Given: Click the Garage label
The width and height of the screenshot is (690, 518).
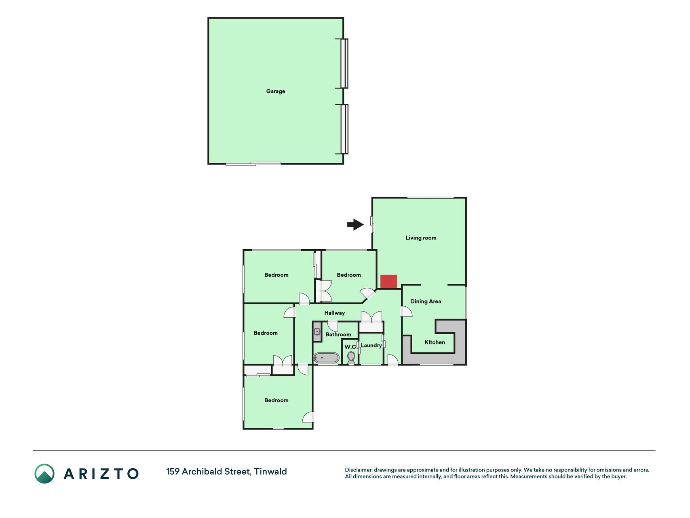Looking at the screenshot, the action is click(276, 91).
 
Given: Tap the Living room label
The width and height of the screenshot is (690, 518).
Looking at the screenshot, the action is click(421, 238).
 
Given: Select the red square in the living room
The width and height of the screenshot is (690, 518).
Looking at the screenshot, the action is click(388, 282).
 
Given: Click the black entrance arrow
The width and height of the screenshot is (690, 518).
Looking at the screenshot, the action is click(355, 225).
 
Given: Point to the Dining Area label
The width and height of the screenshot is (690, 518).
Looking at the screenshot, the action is click(426, 301).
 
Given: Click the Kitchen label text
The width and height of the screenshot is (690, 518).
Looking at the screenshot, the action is click(435, 342).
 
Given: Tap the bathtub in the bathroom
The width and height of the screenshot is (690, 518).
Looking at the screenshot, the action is click(327, 358).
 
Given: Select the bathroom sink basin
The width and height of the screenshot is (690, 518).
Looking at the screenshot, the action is click(317, 332).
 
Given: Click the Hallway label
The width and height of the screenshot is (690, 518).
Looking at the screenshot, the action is click(334, 313).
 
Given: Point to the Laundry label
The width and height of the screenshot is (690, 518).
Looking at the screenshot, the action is click(371, 346).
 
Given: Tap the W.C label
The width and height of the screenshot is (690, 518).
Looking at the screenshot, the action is click(350, 347).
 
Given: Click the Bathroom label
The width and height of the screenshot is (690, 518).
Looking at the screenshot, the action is click(338, 335).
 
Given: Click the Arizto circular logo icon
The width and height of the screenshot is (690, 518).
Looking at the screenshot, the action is click(44, 473).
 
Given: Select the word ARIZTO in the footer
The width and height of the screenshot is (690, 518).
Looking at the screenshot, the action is click(101, 473).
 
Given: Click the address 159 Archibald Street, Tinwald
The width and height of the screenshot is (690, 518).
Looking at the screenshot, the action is click(226, 471).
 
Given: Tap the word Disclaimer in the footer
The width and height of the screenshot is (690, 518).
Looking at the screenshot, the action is click(359, 470).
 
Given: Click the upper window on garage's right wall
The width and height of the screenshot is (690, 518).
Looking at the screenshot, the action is click(344, 63).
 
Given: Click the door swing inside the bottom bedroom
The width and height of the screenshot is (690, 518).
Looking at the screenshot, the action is click(308, 417).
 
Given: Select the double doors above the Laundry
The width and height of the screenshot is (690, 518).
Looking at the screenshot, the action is click(371, 316).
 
